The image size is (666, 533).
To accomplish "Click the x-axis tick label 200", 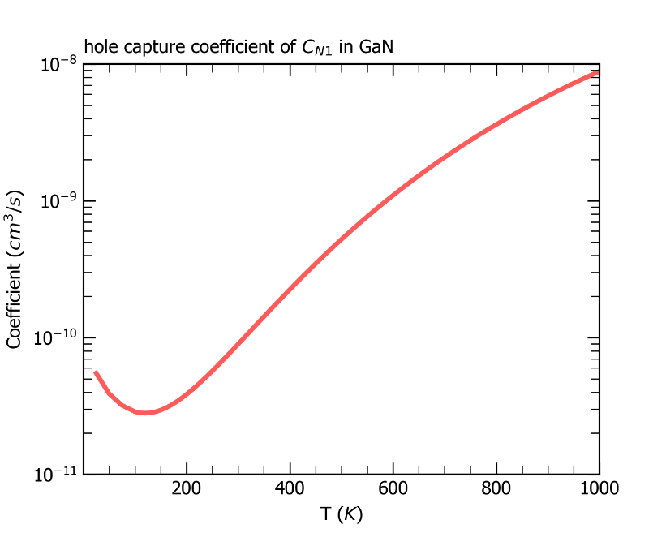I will pos(187,488).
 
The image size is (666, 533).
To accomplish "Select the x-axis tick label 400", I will pos(290,488).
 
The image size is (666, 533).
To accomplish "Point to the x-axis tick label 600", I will pos(393,488).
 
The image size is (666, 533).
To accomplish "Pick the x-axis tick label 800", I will pos(496,488).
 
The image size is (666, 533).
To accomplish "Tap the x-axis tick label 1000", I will pos(599,488).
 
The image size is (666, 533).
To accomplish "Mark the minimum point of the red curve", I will pos(145,413).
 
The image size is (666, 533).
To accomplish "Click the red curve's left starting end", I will pos(95,372).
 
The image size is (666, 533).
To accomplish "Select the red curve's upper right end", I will pos(598,72).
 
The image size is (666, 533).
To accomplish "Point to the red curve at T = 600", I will pos(393,195).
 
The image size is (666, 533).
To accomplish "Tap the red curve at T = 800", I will pos(496,126).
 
